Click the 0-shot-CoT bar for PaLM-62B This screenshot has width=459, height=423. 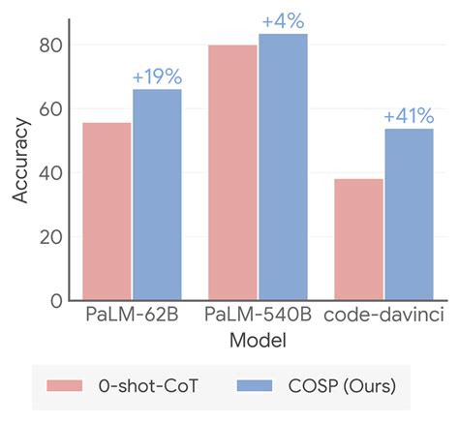pyautogui.click(x=107, y=211)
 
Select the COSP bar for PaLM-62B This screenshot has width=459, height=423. pyautogui.click(x=157, y=195)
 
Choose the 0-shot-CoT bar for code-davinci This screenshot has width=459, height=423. pyautogui.click(x=359, y=239)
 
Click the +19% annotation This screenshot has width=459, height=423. pyautogui.click(x=157, y=76)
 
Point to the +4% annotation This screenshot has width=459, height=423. pyautogui.click(x=283, y=20)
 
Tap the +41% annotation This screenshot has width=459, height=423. pyautogui.click(x=409, y=116)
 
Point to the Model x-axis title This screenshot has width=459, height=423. pyautogui.click(x=258, y=342)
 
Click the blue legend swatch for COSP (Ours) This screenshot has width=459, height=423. pyautogui.click(x=260, y=386)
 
